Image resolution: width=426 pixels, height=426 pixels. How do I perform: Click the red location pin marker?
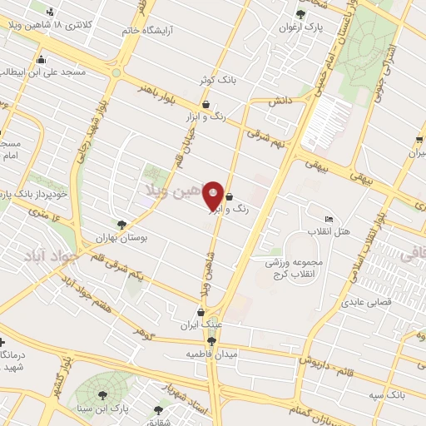point(213,195)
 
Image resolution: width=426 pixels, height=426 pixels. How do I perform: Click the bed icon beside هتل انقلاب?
point(329,218)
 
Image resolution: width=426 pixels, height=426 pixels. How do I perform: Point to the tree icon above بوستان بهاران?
point(122,224)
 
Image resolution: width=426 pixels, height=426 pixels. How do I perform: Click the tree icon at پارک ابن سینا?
point(103,395)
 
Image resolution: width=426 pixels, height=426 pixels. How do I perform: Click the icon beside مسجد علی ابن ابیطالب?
point(41,59)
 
